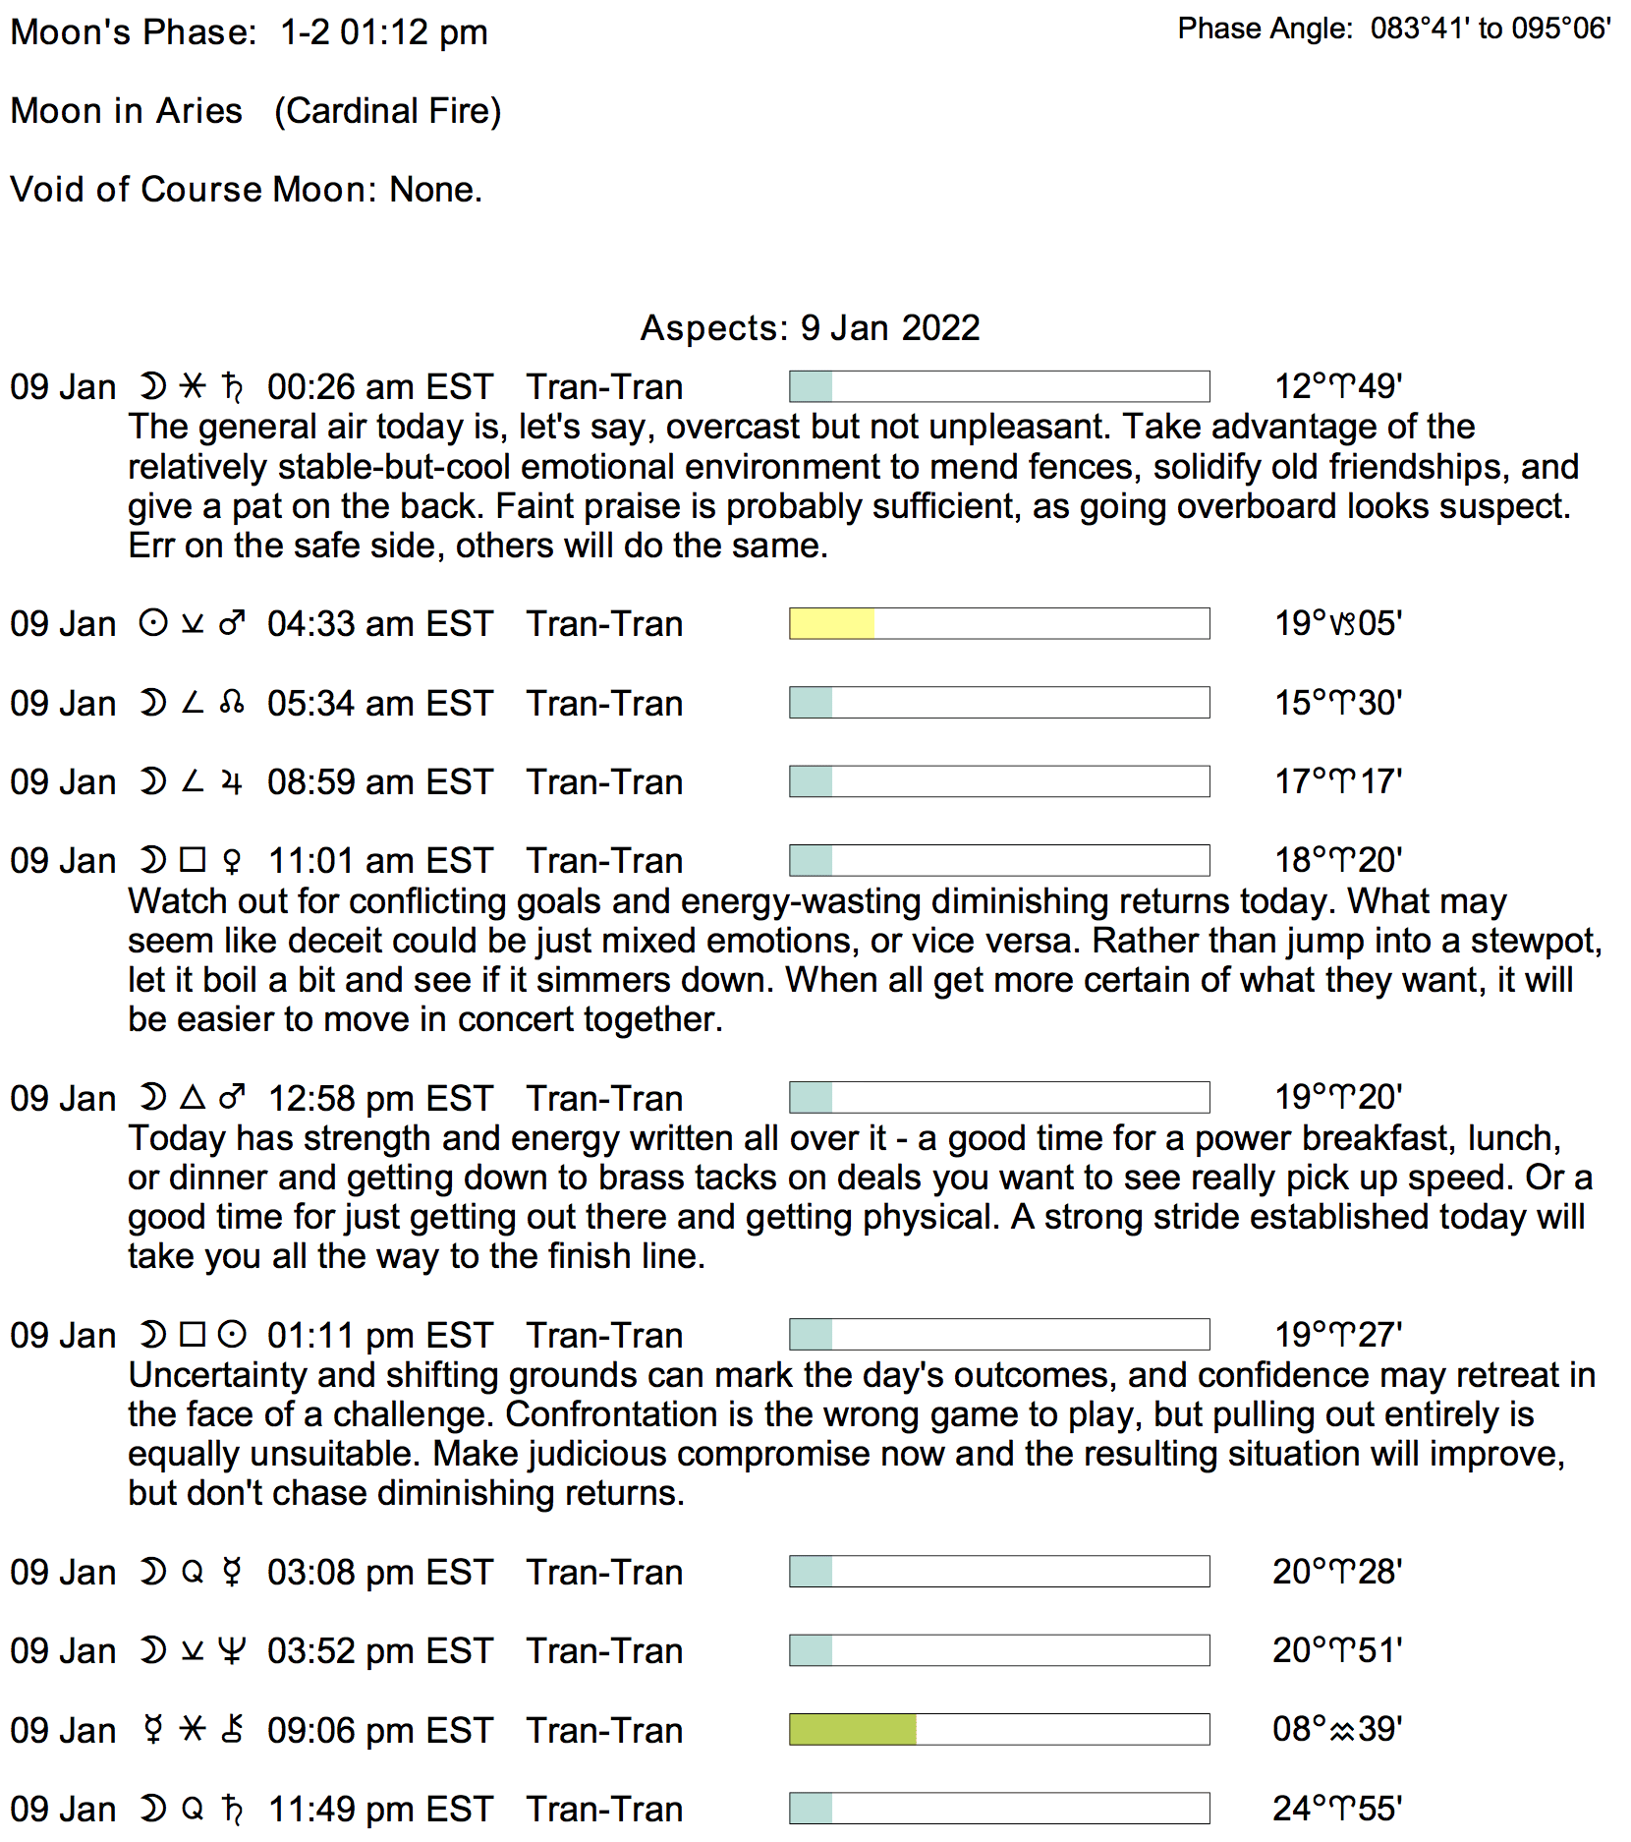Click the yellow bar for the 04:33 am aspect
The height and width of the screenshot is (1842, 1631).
(x=831, y=624)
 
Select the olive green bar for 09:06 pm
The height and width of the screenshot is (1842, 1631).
(x=852, y=1730)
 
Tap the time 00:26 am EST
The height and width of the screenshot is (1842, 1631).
(x=379, y=387)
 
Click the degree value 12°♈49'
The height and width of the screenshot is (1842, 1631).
(x=1337, y=386)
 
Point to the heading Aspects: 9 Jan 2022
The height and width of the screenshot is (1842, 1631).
(x=810, y=327)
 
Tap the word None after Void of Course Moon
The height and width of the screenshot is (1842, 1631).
(x=434, y=190)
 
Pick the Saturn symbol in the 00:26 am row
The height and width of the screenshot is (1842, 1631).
(x=232, y=387)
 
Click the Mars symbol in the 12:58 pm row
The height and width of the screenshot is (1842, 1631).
(x=232, y=1098)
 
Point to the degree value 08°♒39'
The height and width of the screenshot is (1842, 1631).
(x=1336, y=1729)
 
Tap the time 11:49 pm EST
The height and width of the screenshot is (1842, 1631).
(x=380, y=1809)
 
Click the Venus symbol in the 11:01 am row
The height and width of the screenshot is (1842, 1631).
(x=232, y=861)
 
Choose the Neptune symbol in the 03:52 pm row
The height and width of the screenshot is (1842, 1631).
(x=232, y=1651)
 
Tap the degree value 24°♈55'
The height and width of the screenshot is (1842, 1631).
(x=1336, y=1808)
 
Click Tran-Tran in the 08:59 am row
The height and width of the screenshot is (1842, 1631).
(x=604, y=782)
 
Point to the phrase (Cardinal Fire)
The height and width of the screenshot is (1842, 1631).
(x=387, y=111)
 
